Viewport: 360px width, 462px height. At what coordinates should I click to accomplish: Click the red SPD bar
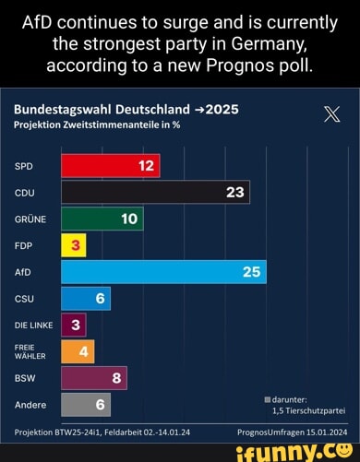tap(110, 166)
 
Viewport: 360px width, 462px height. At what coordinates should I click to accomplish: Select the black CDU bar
tap(155, 192)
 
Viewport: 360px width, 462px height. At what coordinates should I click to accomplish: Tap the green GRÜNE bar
tap(102, 219)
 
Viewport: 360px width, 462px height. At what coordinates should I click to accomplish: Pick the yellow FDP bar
tap(73, 245)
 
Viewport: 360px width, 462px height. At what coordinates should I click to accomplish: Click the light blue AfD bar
tap(163, 272)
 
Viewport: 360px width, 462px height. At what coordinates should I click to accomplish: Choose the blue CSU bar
tap(86, 299)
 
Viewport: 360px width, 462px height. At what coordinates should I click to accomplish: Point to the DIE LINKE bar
tap(73, 325)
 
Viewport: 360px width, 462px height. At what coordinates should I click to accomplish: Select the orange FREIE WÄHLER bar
tap(78, 351)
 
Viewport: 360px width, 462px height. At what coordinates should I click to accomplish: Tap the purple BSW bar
tap(93, 378)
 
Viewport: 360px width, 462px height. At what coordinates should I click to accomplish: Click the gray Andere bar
tap(86, 405)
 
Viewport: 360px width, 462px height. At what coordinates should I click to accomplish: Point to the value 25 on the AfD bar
tap(251, 272)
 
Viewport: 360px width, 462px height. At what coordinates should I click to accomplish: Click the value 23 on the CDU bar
tap(234, 192)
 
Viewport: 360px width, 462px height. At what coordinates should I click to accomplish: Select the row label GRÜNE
tap(30, 219)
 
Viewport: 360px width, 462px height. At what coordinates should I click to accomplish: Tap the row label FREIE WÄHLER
tap(29, 351)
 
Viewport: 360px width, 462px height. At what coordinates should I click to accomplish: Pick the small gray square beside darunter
tap(268, 398)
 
